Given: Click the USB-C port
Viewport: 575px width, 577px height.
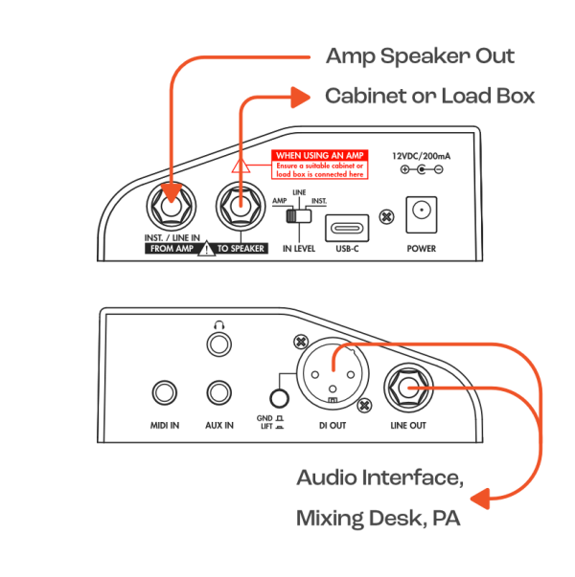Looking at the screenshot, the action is [347, 228].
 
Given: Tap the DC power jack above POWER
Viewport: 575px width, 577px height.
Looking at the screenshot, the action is [422, 214].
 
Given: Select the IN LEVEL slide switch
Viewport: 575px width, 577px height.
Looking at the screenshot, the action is [299, 215].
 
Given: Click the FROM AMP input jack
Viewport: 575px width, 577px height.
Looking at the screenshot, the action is [172, 206].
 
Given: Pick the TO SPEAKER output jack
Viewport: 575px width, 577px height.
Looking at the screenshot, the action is [241, 206].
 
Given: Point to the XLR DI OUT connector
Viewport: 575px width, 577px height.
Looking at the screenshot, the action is [333, 374].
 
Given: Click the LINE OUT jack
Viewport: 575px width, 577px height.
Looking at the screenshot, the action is [408, 388].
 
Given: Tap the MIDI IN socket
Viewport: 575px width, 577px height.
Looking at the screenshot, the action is [165, 392].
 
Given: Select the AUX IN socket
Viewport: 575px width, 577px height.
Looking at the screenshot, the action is [219, 392].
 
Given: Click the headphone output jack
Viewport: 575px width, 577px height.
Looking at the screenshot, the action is [219, 344].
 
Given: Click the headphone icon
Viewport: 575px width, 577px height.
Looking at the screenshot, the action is [219, 324].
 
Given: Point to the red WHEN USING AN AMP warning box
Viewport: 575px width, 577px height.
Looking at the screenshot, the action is [320, 165].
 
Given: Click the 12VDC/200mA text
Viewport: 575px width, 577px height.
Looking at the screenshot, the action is [422, 156].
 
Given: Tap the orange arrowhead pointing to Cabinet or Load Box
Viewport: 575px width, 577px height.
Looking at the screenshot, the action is [300, 98].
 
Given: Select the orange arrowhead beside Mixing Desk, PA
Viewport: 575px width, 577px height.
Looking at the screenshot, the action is [480, 499].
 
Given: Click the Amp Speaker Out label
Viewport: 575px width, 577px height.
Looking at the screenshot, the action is [420, 56].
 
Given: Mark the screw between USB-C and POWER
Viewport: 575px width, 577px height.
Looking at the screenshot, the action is [386, 217].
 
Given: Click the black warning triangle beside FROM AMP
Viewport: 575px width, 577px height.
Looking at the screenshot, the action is [206, 249].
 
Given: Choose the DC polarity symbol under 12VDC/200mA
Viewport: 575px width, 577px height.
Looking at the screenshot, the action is [422, 169].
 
